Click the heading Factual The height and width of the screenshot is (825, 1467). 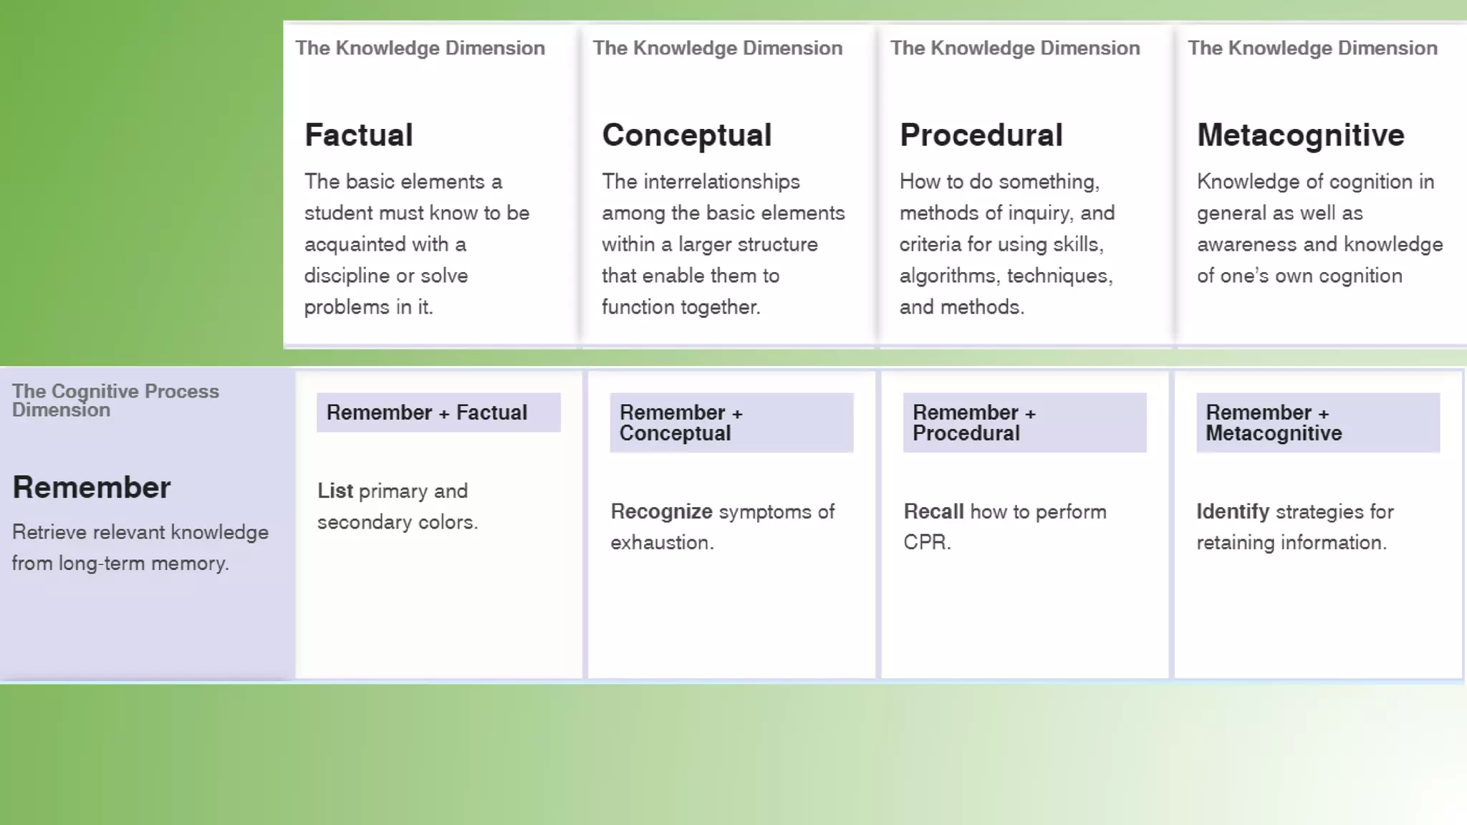[x=359, y=135]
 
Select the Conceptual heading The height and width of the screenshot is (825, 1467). [x=686, y=135]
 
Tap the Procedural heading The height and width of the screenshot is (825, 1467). [x=981, y=135]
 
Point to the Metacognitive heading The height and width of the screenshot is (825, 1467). [x=1300, y=135]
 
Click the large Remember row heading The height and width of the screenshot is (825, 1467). [x=92, y=487]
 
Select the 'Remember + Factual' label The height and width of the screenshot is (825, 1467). [x=427, y=412]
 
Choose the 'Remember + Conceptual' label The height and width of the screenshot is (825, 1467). [x=680, y=423]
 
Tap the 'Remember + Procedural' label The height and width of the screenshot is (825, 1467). [x=973, y=423]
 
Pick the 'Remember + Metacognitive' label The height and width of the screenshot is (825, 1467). [x=1273, y=423]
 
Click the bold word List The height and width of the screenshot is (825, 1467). [x=335, y=491]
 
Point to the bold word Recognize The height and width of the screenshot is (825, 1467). [x=661, y=511]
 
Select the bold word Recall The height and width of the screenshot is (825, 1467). [x=933, y=511]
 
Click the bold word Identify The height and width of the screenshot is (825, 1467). [x=1232, y=511]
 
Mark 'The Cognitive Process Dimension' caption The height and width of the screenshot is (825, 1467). [x=115, y=400]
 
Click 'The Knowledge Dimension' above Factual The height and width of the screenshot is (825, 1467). [x=420, y=48]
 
